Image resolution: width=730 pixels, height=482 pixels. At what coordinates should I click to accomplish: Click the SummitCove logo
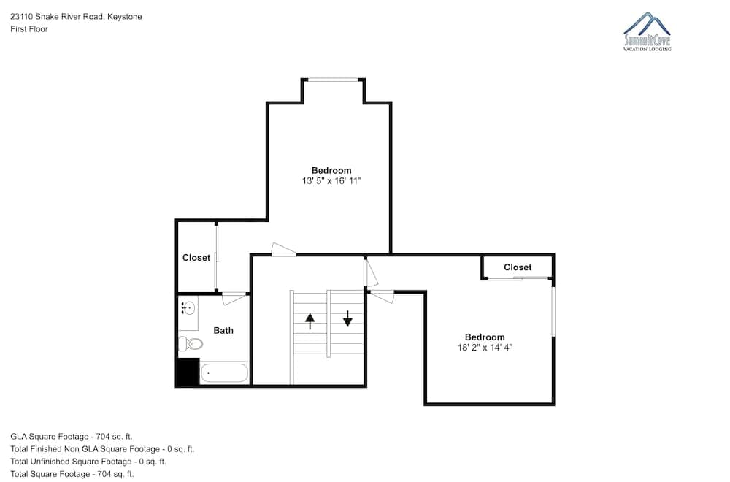[647, 31]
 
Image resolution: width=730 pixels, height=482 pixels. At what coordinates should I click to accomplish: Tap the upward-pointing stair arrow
[310, 321]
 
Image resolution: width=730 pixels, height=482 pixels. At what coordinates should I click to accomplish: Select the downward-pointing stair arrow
[347, 318]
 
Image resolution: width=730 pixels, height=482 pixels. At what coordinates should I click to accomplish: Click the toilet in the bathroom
[191, 344]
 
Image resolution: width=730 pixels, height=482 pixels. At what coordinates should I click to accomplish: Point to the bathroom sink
[188, 308]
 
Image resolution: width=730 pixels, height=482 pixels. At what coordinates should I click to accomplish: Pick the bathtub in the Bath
[224, 373]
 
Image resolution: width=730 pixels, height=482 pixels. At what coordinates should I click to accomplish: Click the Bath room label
[223, 330]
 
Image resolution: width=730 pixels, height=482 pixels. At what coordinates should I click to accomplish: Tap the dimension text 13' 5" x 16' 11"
[331, 181]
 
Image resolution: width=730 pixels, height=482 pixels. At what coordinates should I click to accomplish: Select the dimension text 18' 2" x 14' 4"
[485, 348]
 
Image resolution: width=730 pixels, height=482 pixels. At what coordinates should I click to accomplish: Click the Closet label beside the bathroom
[196, 258]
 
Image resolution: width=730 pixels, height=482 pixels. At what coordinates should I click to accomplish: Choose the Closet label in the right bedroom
[518, 267]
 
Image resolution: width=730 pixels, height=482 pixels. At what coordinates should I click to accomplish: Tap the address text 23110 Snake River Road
[57, 17]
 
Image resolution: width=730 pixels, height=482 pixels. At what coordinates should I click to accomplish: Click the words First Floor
[29, 29]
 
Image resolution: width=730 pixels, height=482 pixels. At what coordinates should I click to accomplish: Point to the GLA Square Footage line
[72, 437]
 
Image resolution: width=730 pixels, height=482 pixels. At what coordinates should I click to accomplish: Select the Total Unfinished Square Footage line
[88, 462]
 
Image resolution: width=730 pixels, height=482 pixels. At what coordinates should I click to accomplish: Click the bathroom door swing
[234, 298]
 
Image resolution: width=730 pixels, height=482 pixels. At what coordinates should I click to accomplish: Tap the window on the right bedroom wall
[553, 311]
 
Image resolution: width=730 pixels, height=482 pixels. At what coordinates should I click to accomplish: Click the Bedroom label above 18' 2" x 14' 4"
[485, 337]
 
